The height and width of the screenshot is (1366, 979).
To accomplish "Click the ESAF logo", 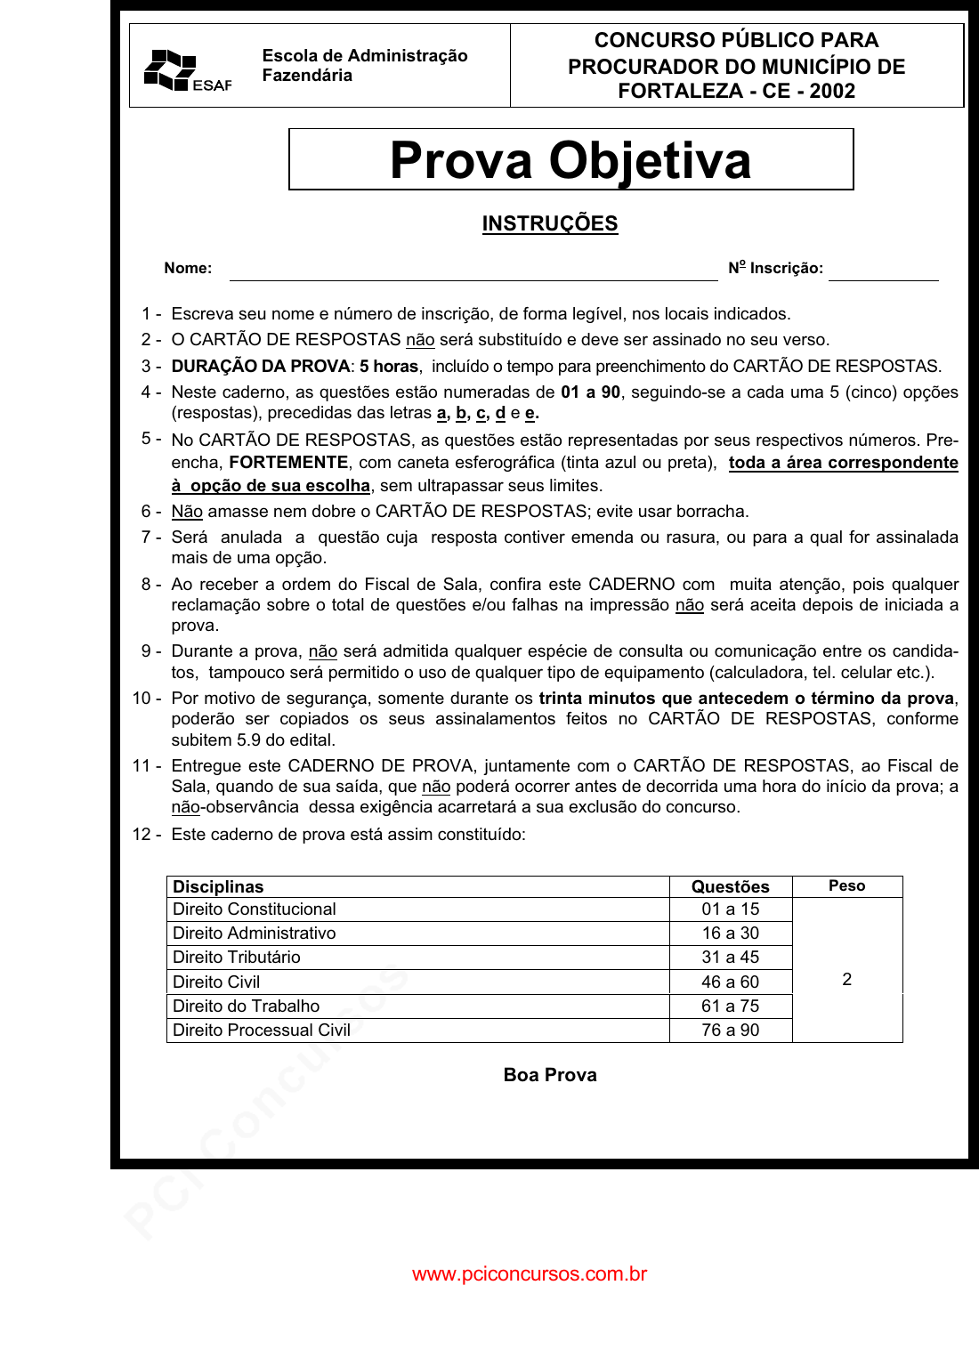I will coord(187,70).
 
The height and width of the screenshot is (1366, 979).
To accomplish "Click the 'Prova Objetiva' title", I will coord(570,160).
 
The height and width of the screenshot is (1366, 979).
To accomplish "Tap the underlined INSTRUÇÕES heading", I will coord(549,223).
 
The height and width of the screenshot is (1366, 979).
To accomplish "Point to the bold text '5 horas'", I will coord(389,366).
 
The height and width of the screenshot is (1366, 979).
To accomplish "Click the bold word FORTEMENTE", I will coord(288,462).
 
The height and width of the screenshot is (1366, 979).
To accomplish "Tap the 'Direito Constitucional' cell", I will coord(255,909).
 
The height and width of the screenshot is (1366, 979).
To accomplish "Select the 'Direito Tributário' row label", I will coord(237,957).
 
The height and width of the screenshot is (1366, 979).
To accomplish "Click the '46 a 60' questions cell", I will coord(730,982).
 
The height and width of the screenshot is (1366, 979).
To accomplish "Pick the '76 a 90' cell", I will coord(730,1030).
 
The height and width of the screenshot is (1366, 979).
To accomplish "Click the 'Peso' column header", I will coord(846,885).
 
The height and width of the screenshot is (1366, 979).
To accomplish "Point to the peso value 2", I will coord(846,979).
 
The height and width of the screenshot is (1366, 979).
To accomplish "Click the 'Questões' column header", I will coord(730,886).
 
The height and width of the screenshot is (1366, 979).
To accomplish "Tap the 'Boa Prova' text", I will coord(550,1074).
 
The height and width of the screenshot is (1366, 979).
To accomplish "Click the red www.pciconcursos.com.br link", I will coord(530,1273).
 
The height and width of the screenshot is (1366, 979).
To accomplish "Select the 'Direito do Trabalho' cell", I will coord(247,1006).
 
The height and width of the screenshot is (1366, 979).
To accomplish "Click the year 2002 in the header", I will coord(832,91).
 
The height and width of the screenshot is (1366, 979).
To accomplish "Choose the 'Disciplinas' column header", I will coord(218,886).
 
